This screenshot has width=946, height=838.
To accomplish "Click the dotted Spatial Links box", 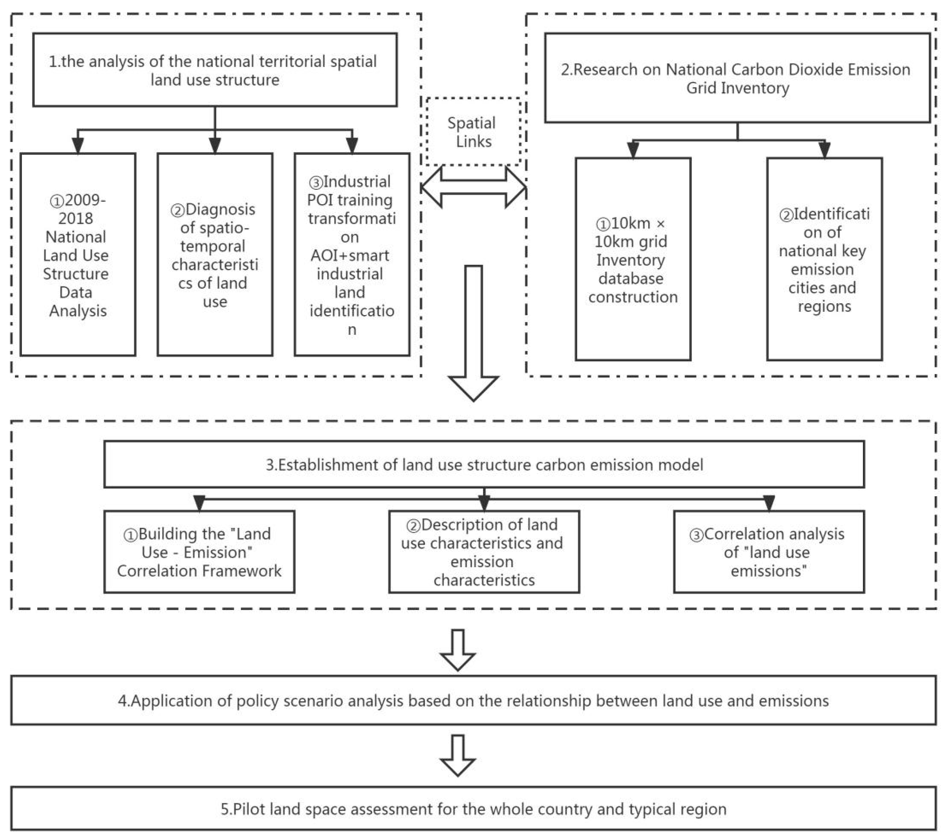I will (473, 132).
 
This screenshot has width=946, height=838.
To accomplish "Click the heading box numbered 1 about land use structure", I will (215, 70).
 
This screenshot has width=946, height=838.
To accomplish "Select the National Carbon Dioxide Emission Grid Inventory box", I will (737, 78).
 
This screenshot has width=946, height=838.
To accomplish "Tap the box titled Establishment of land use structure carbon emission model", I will (484, 464).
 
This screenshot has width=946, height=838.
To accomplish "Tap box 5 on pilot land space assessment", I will (473, 809).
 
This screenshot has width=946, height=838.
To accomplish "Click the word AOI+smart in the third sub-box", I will (350, 255).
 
